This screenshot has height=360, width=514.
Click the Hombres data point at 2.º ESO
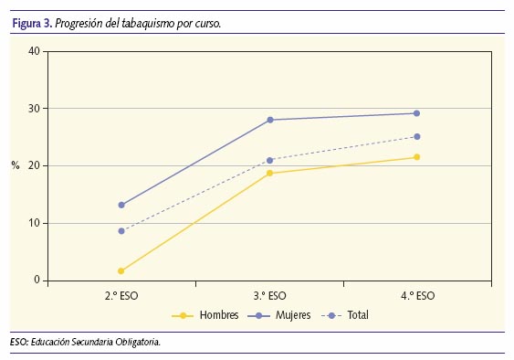pyautogui.click(x=121, y=271)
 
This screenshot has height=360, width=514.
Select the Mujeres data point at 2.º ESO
pyautogui.click(x=121, y=205)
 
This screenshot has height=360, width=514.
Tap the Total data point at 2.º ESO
pyautogui.click(x=121, y=231)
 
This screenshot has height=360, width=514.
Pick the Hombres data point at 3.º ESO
pyautogui.click(x=269, y=173)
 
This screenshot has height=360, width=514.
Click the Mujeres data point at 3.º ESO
pyautogui.click(x=269, y=120)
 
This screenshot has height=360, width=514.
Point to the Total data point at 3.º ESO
pyautogui.click(x=269, y=160)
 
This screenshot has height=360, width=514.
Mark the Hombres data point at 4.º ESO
pyautogui.click(x=417, y=157)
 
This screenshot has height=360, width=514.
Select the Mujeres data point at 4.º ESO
pyautogui.click(x=417, y=113)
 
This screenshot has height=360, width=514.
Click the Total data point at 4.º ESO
pyautogui.click(x=417, y=137)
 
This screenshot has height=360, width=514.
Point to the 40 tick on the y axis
pyautogui.click(x=33, y=51)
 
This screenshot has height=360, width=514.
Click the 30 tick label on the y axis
pyautogui.click(x=33, y=109)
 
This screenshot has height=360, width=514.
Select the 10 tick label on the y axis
pyautogui.click(x=33, y=223)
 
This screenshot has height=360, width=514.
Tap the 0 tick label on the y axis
pyautogui.click(x=36, y=281)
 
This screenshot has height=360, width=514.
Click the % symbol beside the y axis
pyautogui.click(x=16, y=165)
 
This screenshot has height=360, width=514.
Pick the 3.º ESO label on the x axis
pyautogui.click(x=269, y=295)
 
